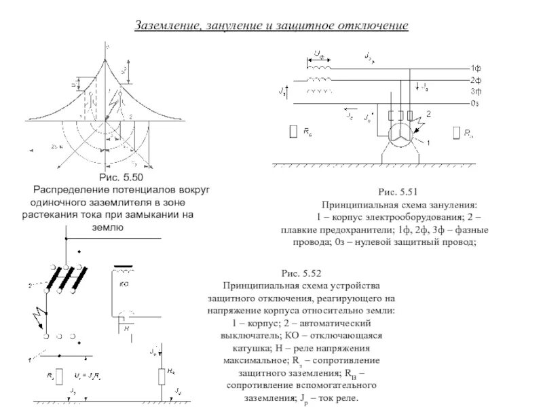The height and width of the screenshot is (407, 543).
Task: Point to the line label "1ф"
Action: pos(476,69)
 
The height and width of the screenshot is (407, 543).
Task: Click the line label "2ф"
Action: pos(476,80)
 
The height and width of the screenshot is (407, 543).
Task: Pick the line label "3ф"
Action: pos(476,91)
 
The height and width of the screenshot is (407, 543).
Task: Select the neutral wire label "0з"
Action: pos(476,103)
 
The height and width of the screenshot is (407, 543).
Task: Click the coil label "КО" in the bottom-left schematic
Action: pos(124,284)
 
